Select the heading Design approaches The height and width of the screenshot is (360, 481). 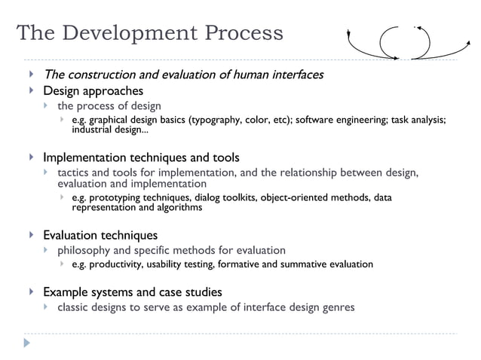93,91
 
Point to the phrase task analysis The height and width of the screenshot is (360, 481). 419,120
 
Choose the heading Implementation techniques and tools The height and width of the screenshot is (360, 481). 141,157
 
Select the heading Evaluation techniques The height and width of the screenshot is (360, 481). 100,235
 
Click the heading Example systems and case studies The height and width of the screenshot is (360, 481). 132,291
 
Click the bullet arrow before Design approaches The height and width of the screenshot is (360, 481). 31,91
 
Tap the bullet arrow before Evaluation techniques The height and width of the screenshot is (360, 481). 31,235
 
